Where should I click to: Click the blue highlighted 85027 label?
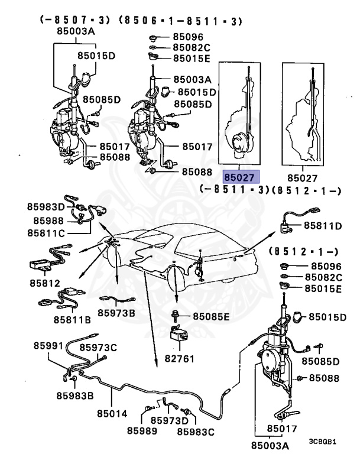click(x=240, y=177)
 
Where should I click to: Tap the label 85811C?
click(x=45, y=234)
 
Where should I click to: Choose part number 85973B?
click(x=116, y=312)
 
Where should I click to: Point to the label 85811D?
click(x=323, y=226)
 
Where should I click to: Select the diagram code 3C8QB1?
click(x=323, y=441)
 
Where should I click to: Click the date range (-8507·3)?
click(x=75, y=21)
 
